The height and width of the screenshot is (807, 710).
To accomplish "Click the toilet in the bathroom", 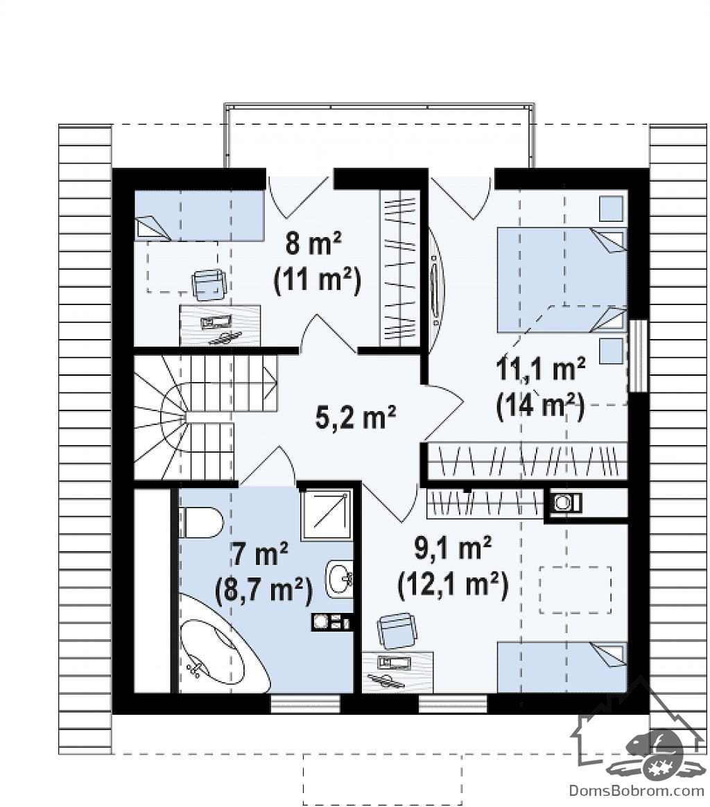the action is pyautogui.click(x=201, y=522).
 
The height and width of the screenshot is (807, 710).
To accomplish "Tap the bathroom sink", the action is pyautogui.click(x=339, y=578).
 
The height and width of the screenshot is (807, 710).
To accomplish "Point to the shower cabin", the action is pyautogui.click(x=327, y=514).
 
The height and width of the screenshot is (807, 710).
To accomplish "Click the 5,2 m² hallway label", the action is pyautogui.click(x=355, y=417).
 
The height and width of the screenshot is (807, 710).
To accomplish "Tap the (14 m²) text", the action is pyautogui.click(x=540, y=406).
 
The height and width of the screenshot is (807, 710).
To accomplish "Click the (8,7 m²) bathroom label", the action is pyautogui.click(x=263, y=590).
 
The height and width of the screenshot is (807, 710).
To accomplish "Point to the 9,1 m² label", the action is pyautogui.click(x=453, y=548).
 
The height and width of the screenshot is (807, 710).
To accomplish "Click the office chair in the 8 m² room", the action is pyautogui.click(x=209, y=284).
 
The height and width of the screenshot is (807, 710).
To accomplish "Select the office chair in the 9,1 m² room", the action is pyautogui.click(x=397, y=630).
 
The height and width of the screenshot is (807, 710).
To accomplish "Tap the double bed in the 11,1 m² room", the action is pyautogui.click(x=562, y=280).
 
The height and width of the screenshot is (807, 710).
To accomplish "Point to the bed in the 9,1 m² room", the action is pyautogui.click(x=562, y=667).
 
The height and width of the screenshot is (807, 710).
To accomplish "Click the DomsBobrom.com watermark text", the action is pyautogui.click(x=637, y=790).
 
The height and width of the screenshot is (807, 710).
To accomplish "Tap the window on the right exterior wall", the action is pyautogui.click(x=638, y=355).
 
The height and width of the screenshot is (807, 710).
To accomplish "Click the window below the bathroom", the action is pyautogui.click(x=305, y=704).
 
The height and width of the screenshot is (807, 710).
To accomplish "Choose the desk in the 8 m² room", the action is pyautogui.click(x=220, y=325).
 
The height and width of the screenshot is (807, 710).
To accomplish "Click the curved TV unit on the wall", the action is pyautogui.click(x=435, y=281).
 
